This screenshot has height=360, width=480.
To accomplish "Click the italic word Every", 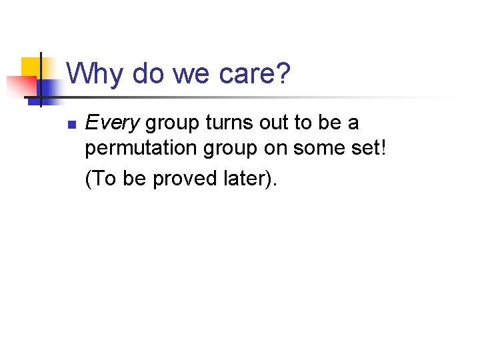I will pos(112,123).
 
